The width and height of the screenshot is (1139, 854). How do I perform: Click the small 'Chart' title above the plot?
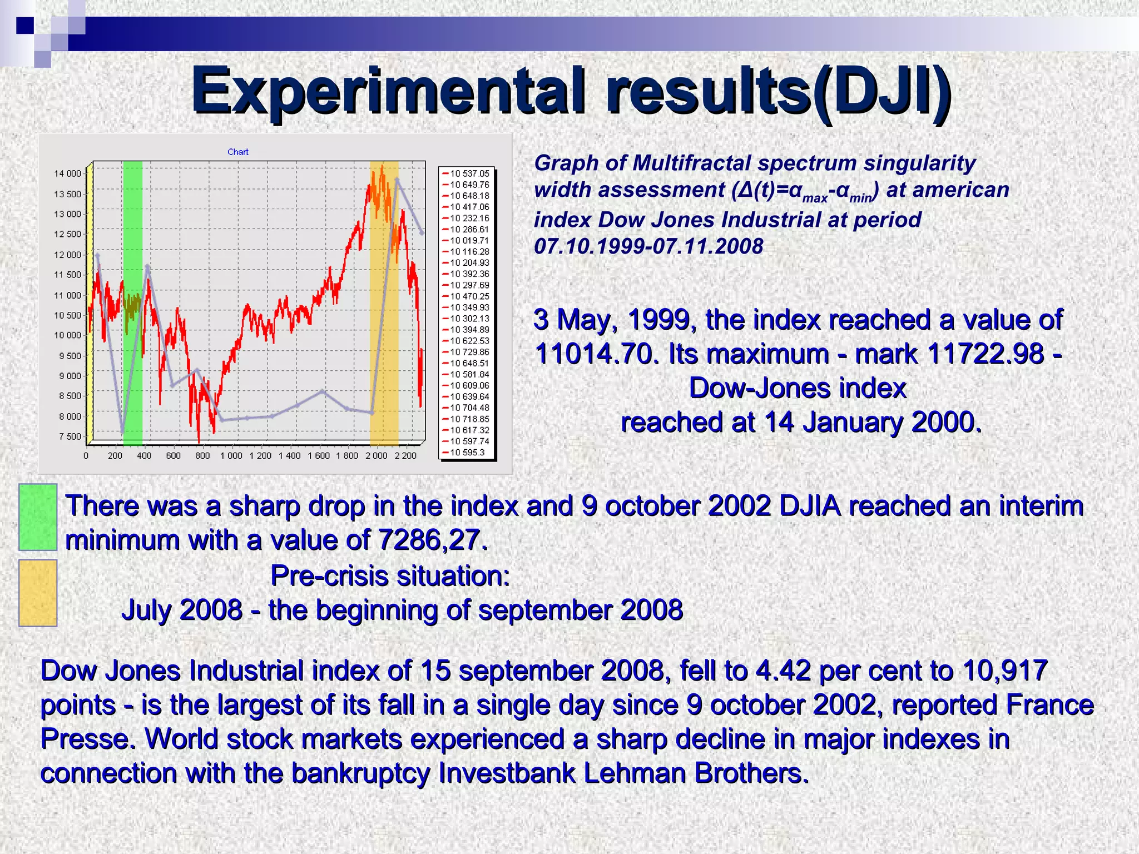(x=237, y=152)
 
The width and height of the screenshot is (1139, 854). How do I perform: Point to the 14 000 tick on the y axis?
(x=67, y=173)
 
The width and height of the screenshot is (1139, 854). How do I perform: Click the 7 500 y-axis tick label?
(x=70, y=436)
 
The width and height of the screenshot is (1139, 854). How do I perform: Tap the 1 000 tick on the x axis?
(x=231, y=456)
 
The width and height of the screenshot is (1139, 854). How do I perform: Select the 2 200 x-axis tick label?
(x=405, y=456)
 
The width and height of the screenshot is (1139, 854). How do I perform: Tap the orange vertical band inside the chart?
(x=384, y=361)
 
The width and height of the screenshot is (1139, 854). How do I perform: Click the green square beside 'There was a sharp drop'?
(x=38, y=517)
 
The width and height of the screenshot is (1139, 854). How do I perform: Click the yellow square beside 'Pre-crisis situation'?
(x=38, y=593)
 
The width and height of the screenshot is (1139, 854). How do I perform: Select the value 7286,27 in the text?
(x=432, y=540)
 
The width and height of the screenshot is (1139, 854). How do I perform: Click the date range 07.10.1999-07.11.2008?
(x=648, y=246)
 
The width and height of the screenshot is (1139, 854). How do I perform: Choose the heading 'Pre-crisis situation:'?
(x=390, y=576)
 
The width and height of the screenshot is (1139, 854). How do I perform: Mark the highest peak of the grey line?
(x=397, y=179)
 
